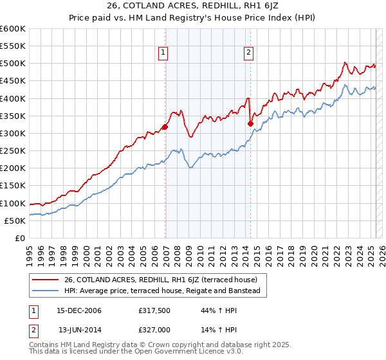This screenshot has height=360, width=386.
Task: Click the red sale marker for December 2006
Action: tap(165, 127)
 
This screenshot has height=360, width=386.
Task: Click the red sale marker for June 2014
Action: tap(250, 123)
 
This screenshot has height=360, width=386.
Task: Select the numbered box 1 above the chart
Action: tap(163, 53)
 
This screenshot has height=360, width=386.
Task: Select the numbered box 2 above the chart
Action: tap(248, 53)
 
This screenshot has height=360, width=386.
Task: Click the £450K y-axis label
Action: tap(13, 81)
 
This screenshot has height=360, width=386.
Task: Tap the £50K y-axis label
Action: tap(15, 221)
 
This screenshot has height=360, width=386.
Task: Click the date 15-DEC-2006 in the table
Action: tap(79, 310)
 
